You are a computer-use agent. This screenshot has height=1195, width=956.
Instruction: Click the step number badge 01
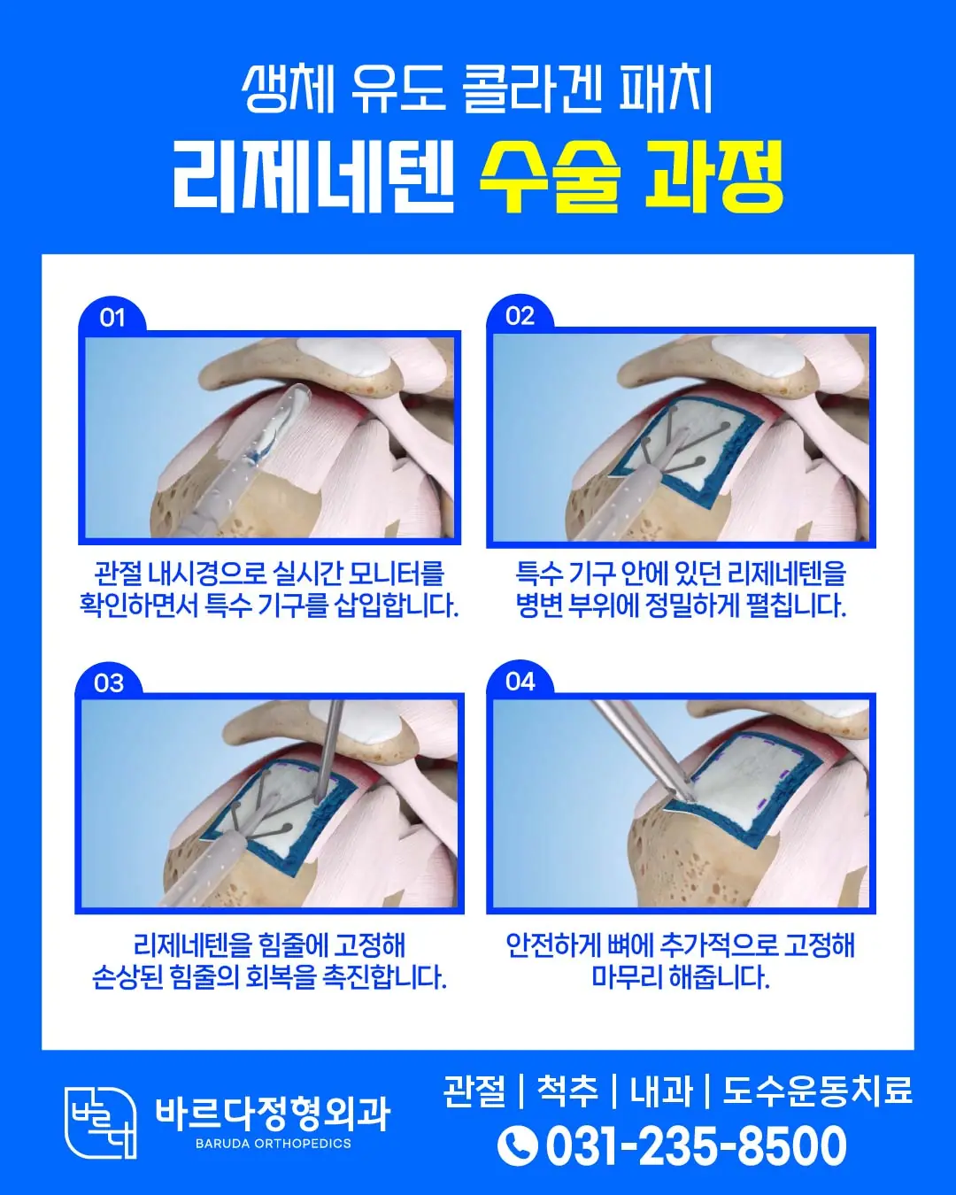112,318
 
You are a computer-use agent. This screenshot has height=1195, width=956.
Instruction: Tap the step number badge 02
520,315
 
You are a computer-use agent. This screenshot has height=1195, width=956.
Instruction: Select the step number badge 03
109,683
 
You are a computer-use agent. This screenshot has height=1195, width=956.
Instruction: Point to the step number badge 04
520,682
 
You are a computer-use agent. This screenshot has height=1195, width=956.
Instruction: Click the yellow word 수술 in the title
550,176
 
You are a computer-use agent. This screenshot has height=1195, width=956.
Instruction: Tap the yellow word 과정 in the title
713,176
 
